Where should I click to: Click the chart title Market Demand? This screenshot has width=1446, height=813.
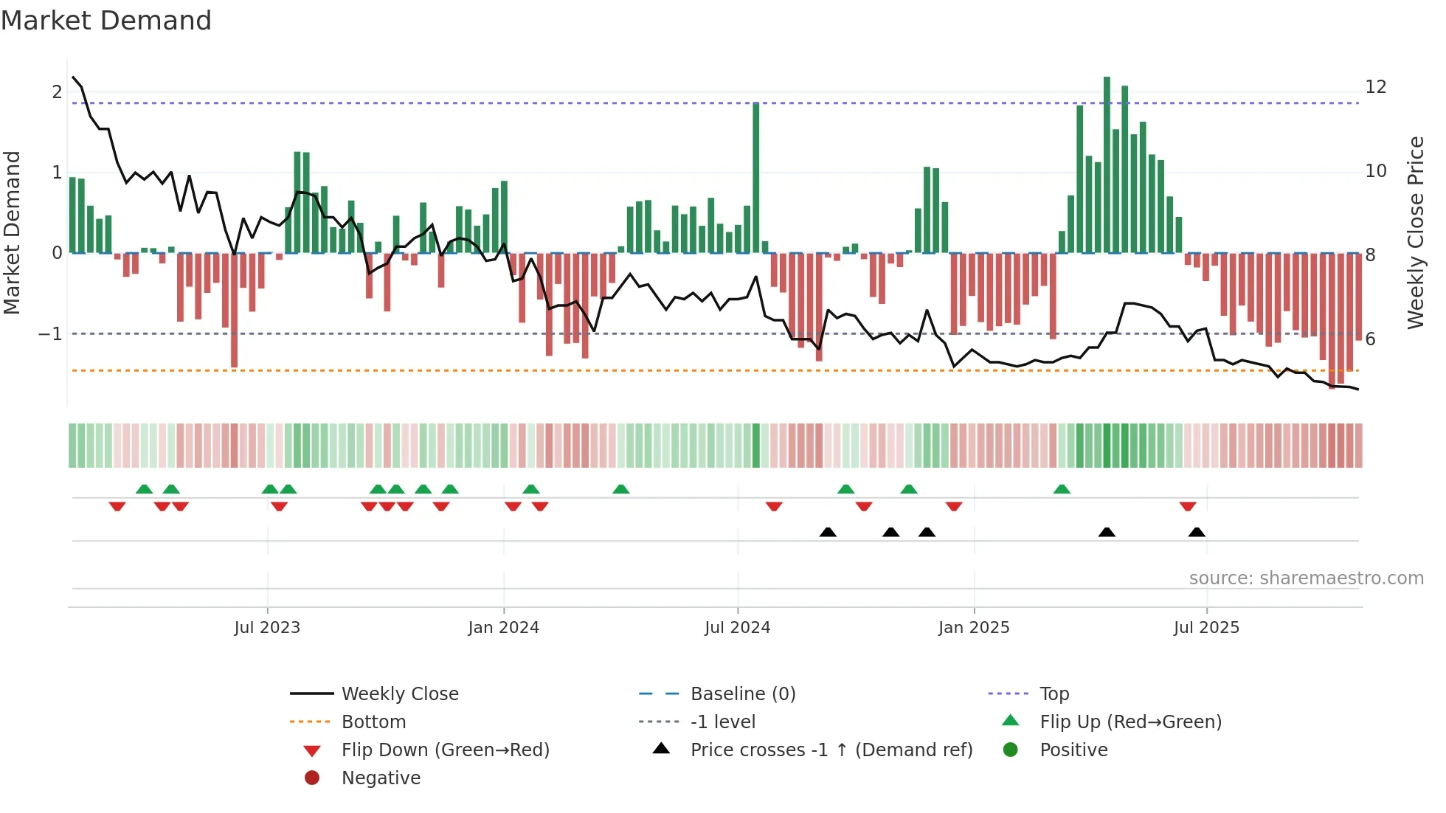106,21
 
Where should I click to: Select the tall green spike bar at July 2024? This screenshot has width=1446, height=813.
756,177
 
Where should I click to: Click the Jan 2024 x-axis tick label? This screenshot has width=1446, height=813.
503,628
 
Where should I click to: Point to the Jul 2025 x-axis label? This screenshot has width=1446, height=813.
1206,628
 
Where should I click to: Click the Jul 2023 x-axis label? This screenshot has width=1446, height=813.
267,628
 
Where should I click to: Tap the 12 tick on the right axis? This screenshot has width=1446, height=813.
1376,87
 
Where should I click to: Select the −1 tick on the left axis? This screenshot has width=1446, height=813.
50,334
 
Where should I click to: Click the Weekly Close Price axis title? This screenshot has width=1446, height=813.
1415,232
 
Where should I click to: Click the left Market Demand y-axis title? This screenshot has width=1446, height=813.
13,232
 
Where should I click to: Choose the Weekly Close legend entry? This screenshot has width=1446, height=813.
399,694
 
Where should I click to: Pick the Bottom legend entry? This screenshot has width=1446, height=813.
373,722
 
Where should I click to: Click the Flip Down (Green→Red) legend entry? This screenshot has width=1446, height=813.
445,750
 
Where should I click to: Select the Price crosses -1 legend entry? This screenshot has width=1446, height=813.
831,750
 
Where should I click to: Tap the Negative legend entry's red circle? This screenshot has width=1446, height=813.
312,778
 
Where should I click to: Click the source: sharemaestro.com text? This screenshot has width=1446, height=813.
1306,578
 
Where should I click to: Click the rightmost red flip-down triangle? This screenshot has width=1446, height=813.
1187,506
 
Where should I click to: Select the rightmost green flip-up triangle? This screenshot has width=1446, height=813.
1062,489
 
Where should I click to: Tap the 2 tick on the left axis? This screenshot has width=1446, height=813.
57,92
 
